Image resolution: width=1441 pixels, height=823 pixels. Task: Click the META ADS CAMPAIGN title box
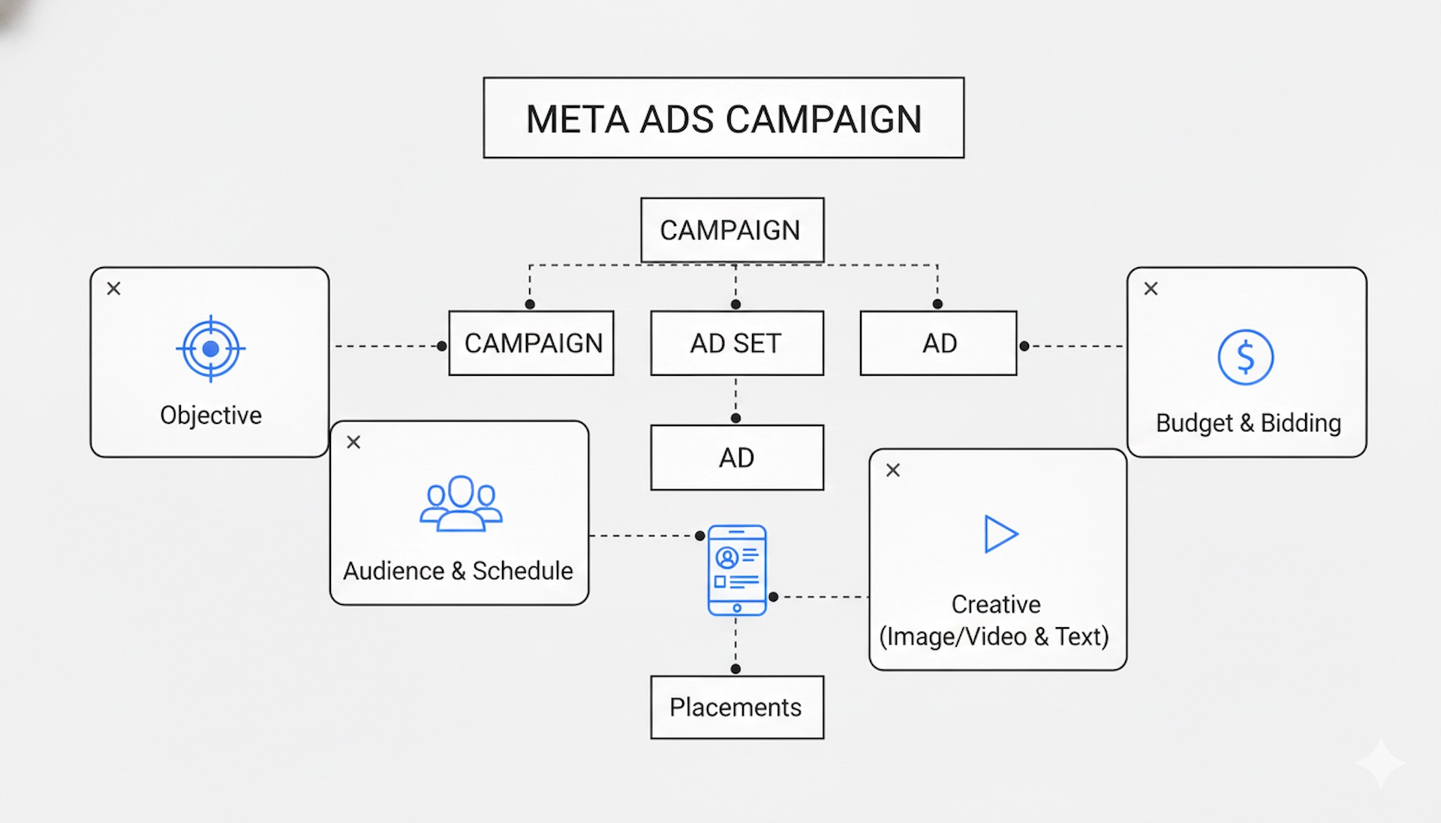click(x=724, y=118)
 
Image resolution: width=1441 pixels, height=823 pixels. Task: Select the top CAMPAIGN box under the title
click(x=732, y=230)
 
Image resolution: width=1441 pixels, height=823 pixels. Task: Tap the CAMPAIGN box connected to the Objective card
click(x=531, y=343)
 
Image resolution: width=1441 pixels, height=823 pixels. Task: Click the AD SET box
click(x=736, y=343)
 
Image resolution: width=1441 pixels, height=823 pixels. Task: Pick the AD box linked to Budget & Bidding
click(x=938, y=343)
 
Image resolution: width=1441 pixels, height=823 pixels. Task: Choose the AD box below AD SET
click(x=736, y=458)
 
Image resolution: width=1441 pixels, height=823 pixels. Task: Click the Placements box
click(x=736, y=707)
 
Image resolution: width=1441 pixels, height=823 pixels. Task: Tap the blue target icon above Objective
click(x=211, y=349)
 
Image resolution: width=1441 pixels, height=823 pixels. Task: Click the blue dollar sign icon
click(x=1245, y=357)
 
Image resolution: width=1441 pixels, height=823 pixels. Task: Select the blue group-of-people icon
click(x=461, y=504)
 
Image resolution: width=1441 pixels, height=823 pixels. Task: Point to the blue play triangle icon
click(x=1000, y=534)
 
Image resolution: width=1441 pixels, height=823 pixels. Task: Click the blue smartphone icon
click(x=737, y=570)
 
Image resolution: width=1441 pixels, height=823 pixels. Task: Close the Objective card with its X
click(x=114, y=289)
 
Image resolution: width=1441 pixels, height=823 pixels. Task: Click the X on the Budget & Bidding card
click(x=1151, y=289)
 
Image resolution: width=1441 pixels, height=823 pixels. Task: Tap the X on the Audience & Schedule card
click(x=353, y=443)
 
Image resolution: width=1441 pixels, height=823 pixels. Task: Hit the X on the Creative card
click(x=892, y=470)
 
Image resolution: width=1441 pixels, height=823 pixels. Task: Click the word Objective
click(x=211, y=415)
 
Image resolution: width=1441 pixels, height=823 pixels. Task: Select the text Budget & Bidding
click(x=1248, y=423)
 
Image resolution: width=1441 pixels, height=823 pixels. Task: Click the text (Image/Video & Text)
click(x=994, y=636)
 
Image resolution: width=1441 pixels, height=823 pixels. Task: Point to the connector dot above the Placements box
click(x=736, y=668)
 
